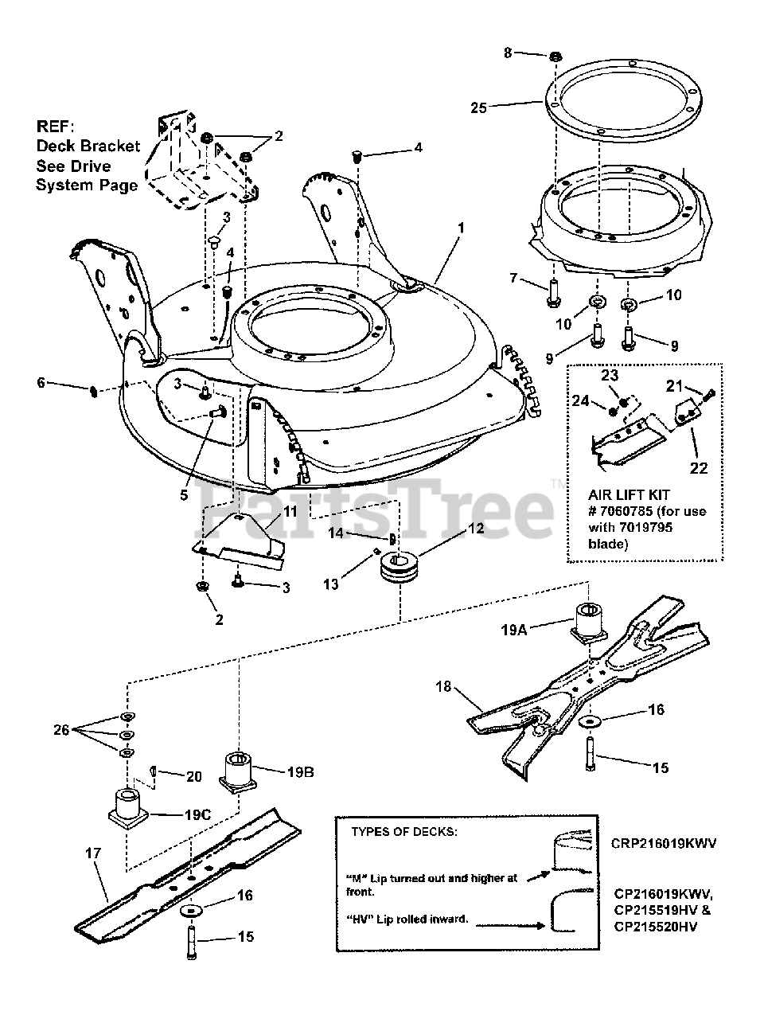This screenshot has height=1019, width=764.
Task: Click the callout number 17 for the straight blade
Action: tap(93, 853)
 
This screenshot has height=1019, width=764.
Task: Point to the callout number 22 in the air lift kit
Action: tap(698, 468)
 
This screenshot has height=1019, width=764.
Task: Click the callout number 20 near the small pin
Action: tap(193, 776)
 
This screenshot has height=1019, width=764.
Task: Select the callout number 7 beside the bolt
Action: tap(513, 279)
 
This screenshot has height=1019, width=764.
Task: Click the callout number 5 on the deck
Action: tap(184, 494)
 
